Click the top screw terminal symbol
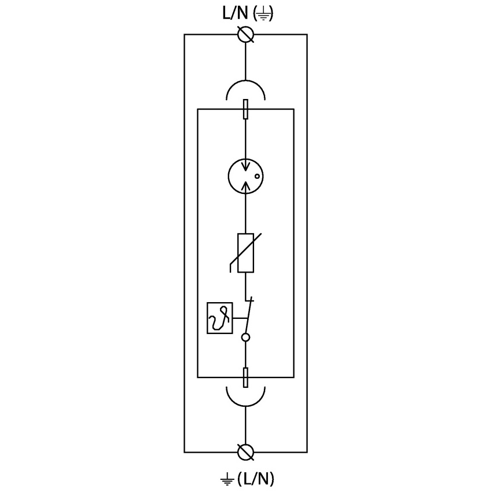coord(245,35)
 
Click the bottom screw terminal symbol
coord(245,452)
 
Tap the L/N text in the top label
coord(236,13)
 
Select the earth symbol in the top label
coord(263,14)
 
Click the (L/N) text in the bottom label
coord(256,479)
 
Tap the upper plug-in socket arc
coord(245,80)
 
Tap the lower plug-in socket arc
coord(245,406)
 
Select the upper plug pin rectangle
coord(245,109)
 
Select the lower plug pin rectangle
coord(245,377)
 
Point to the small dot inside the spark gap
coord(257,176)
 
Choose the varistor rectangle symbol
coord(245,253)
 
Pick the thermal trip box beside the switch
coord(219,318)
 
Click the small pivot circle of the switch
coord(245,337)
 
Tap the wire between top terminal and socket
coord(245,61)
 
